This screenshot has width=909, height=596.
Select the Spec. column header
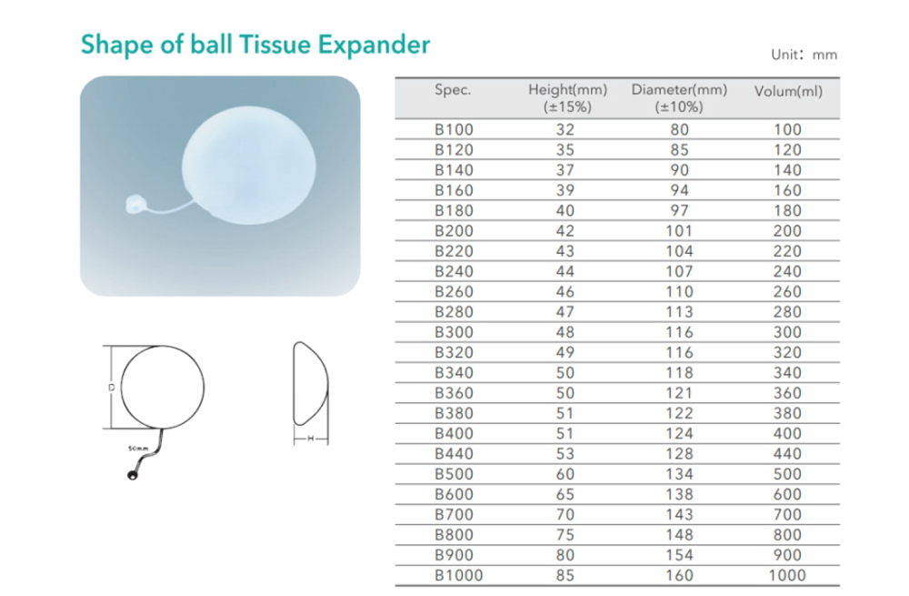453,90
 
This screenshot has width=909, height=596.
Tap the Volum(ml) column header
788,91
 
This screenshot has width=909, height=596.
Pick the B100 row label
454,129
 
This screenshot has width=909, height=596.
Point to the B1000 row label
458,575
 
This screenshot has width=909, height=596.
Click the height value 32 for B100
565,129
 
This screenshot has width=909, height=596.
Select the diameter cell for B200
679,231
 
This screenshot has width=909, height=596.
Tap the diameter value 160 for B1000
679,575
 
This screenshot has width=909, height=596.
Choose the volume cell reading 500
787,474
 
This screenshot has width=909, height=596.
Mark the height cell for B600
565,494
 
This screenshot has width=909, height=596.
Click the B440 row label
454,454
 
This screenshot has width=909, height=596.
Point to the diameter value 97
679,211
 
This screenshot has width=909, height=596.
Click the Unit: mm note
804,55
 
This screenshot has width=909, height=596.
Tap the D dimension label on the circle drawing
112,387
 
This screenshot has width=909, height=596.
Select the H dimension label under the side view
311,439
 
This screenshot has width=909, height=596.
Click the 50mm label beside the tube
138,449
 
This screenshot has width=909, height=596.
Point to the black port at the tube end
133,476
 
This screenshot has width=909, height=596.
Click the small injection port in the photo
135,204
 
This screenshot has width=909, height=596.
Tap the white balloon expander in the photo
249,166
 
